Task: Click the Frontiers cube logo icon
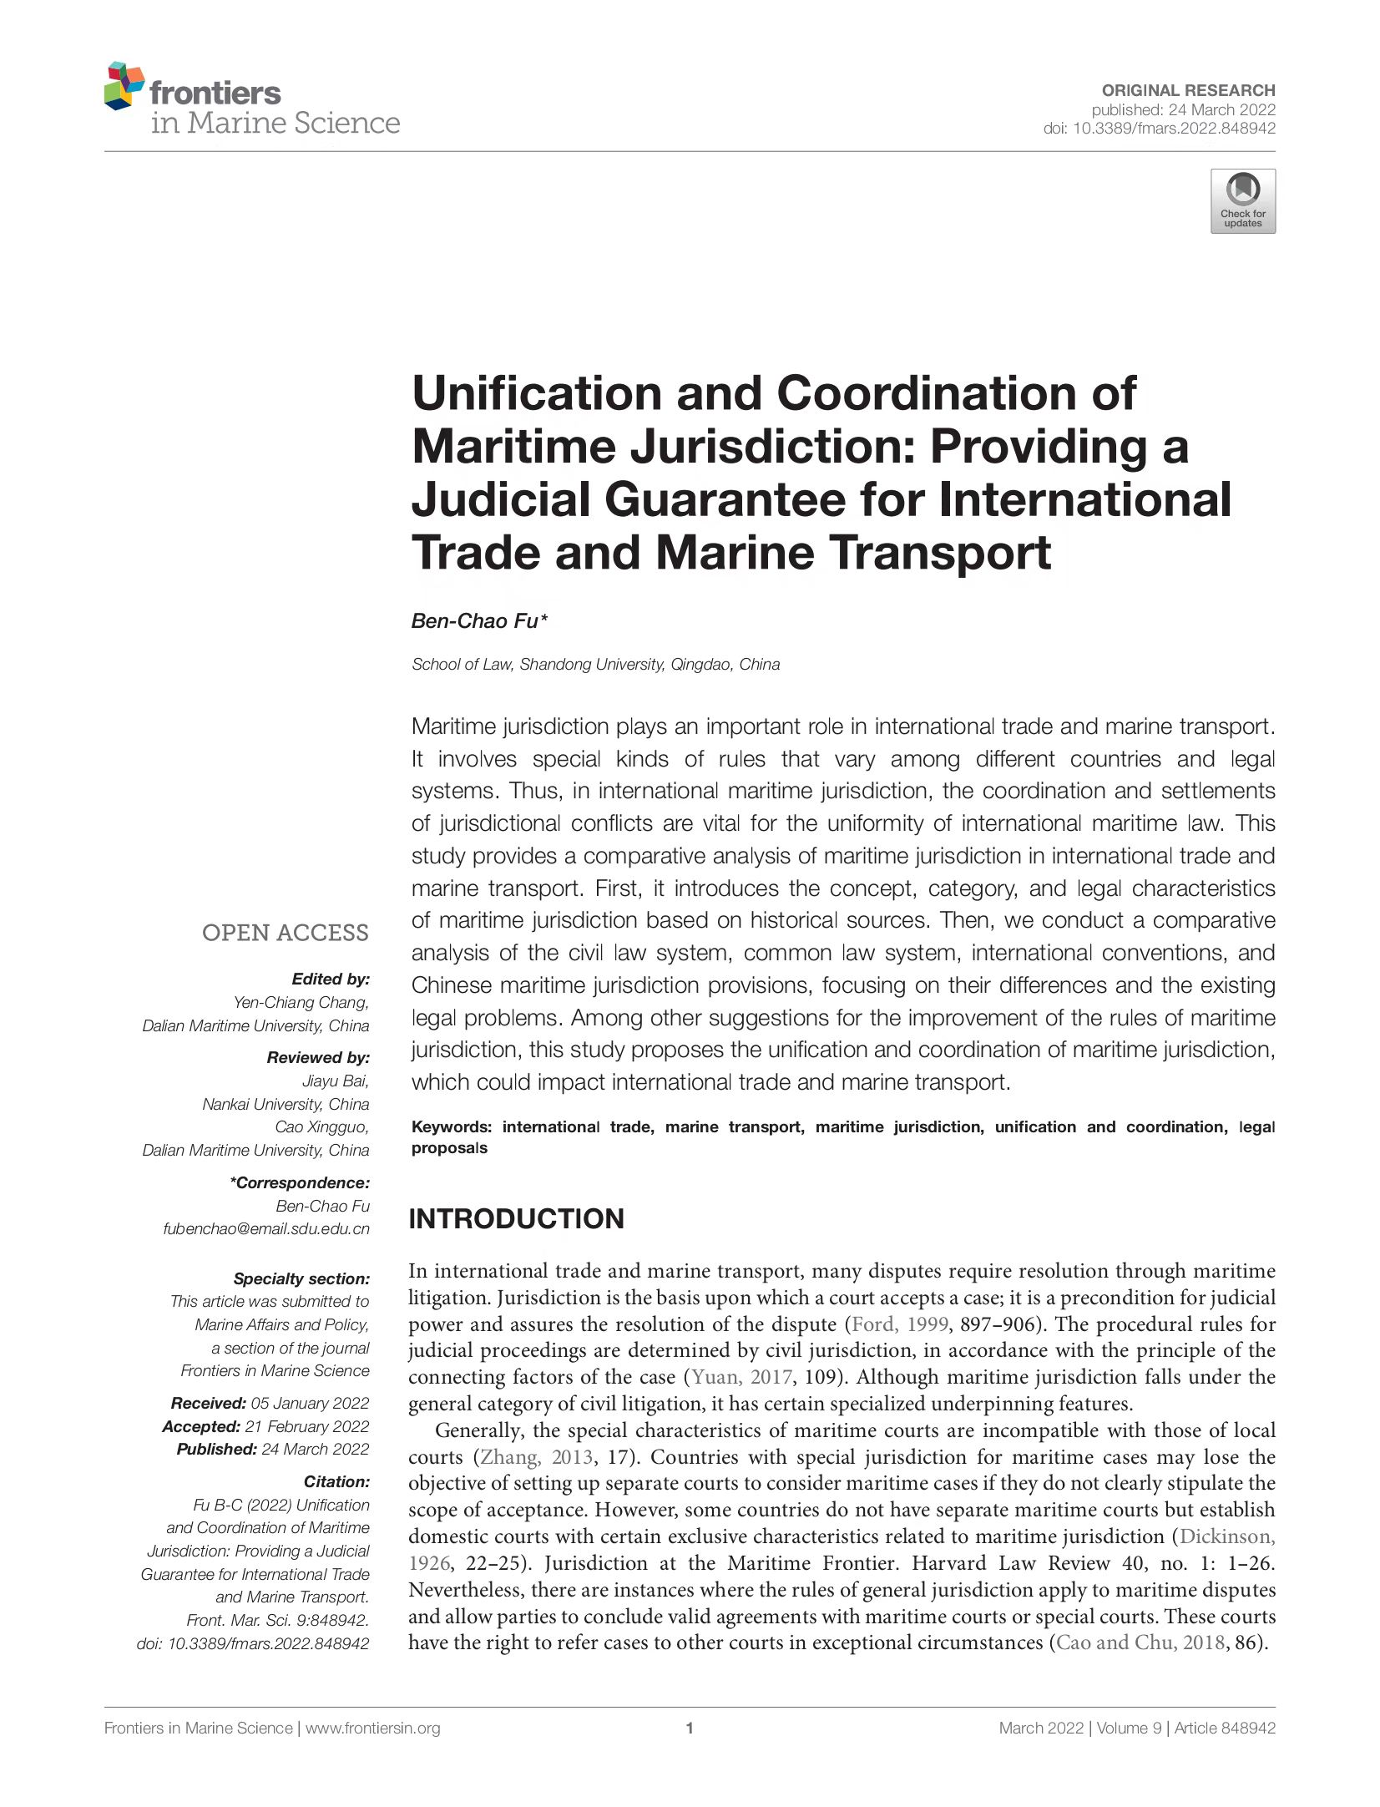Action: click(x=124, y=85)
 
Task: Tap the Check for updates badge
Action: click(x=1242, y=201)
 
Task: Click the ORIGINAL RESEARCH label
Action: click(x=1188, y=90)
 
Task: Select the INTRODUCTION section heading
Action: click(x=516, y=1218)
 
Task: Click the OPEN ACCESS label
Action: click(x=285, y=933)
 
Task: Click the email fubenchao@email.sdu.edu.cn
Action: click(x=266, y=1228)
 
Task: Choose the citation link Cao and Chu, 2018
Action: click(x=1140, y=1642)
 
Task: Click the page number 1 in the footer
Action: click(x=690, y=1728)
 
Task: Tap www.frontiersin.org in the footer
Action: click(x=372, y=1728)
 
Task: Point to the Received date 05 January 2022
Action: click(x=310, y=1403)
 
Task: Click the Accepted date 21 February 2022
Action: click(x=306, y=1426)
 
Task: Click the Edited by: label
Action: click(x=330, y=979)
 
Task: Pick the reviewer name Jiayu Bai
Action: click(x=335, y=1081)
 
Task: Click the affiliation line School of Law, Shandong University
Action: click(x=595, y=665)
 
